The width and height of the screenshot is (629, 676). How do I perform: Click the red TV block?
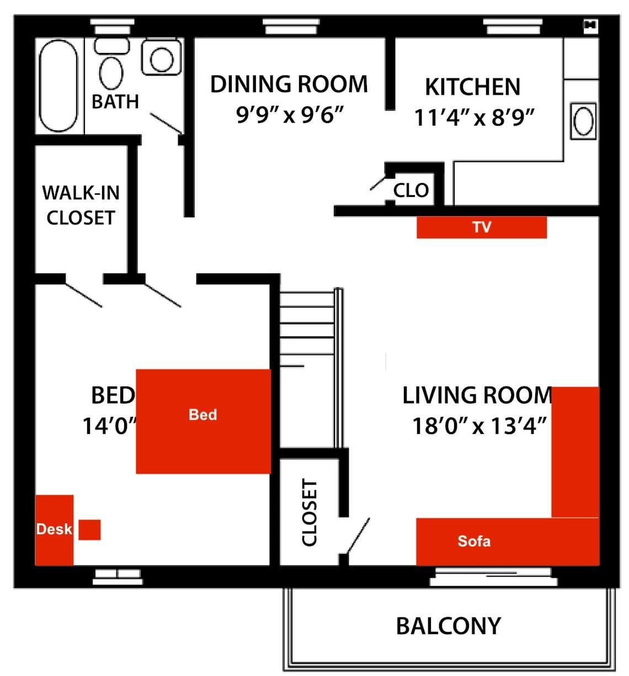tap(482, 227)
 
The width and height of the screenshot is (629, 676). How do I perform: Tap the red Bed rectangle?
tap(204, 421)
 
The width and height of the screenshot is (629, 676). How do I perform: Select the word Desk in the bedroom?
tap(54, 529)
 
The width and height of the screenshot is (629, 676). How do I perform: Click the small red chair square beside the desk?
tap(89, 530)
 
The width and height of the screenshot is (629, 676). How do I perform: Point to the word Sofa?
tap(474, 541)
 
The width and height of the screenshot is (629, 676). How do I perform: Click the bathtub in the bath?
tap(58, 86)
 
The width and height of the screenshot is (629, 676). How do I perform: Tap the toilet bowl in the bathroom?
tap(111, 73)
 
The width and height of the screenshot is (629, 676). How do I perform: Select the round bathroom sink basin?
tap(162, 60)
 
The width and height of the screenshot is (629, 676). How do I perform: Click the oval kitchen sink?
tap(583, 121)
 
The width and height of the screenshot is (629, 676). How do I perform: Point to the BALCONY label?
tap(449, 626)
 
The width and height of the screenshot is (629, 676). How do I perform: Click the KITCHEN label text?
tap(473, 87)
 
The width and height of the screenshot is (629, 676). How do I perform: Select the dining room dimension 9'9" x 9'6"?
tap(290, 115)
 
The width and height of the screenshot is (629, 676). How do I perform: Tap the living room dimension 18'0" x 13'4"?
tap(479, 426)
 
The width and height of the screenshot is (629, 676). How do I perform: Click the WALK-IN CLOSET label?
tap(81, 205)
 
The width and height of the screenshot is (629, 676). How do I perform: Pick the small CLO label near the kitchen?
tap(411, 190)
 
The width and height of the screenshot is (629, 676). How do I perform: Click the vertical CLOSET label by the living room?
tap(310, 512)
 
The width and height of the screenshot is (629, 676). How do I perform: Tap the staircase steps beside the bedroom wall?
tap(307, 329)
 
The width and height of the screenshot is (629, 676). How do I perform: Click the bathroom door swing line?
tap(166, 123)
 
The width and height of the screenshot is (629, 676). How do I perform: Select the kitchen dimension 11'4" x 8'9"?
tap(474, 118)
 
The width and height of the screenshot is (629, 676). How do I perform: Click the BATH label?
tap(115, 101)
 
